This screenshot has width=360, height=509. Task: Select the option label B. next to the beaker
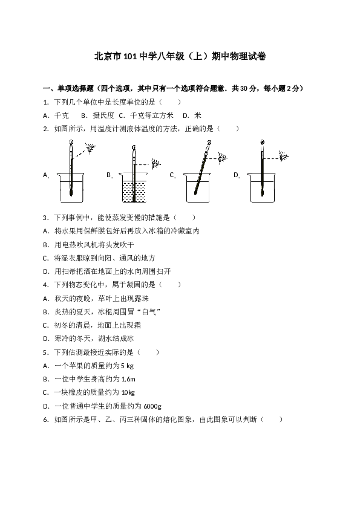point(110,175)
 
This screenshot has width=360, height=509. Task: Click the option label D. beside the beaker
point(237,175)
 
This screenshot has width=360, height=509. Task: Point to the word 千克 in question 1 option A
point(61,115)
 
